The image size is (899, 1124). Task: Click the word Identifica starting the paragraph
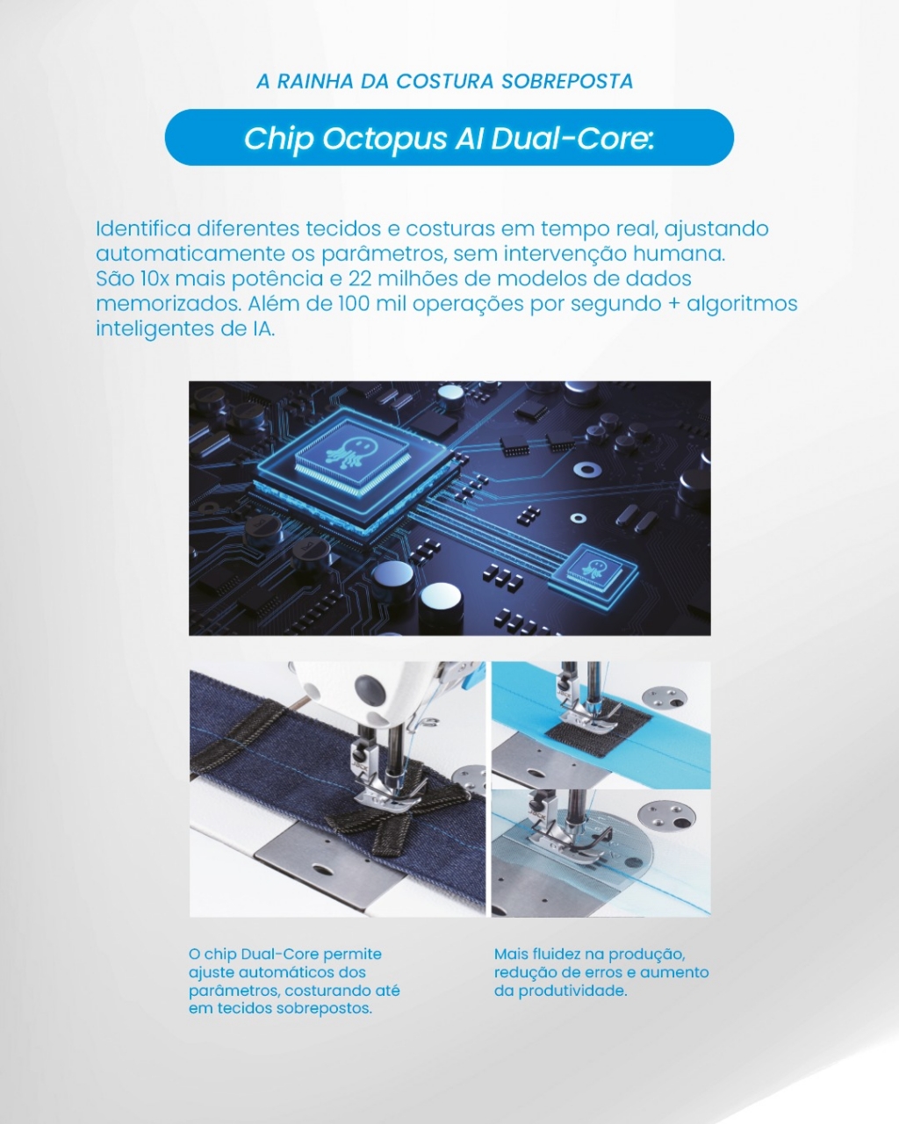142,228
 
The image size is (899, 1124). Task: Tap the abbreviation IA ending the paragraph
263,329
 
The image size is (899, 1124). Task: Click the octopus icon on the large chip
345,450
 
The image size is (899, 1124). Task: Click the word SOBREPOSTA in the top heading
567,82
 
